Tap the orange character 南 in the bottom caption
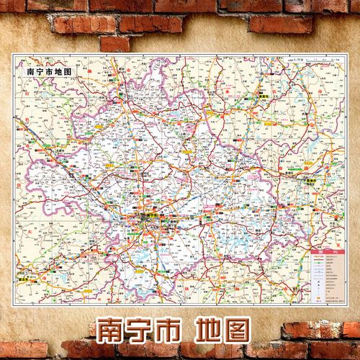tap(114, 329)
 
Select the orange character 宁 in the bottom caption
tap(148, 329)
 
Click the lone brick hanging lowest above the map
tap(115, 44)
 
